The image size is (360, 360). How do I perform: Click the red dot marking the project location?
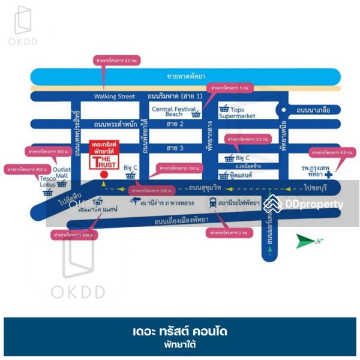click(x=104, y=175)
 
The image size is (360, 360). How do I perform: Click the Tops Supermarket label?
click(x=251, y=112)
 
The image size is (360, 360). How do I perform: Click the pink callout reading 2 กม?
click(x=226, y=232)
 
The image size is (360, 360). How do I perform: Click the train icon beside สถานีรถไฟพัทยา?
click(x=214, y=203)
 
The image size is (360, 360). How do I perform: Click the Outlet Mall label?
click(x=62, y=173)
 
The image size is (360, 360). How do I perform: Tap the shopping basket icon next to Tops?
click(x=224, y=109)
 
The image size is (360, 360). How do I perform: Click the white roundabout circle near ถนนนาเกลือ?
click(x=280, y=110)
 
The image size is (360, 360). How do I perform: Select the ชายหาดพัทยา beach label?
click(x=187, y=77)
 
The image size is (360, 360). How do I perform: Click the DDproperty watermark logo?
click(x=306, y=204)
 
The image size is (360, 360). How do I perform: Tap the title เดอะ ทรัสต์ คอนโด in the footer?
click(x=180, y=331)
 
